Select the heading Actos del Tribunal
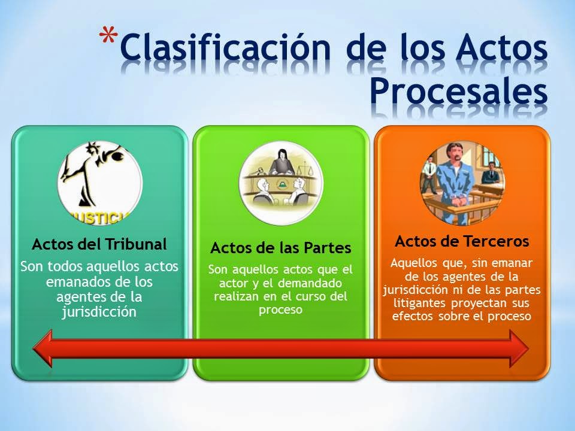[x=99, y=245]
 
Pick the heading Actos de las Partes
[x=280, y=247]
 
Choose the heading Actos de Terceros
[x=462, y=241]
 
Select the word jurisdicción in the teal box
[x=99, y=311]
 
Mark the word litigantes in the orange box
[x=411, y=303]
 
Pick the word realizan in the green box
[x=234, y=296]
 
